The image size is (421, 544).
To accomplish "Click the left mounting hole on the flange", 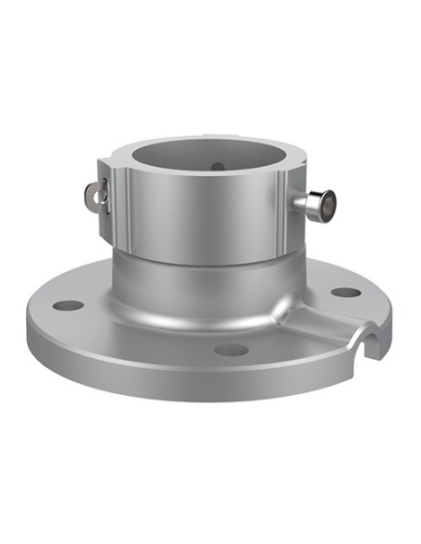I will pos(64,305).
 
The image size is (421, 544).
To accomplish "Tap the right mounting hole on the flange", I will pos(346,292).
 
